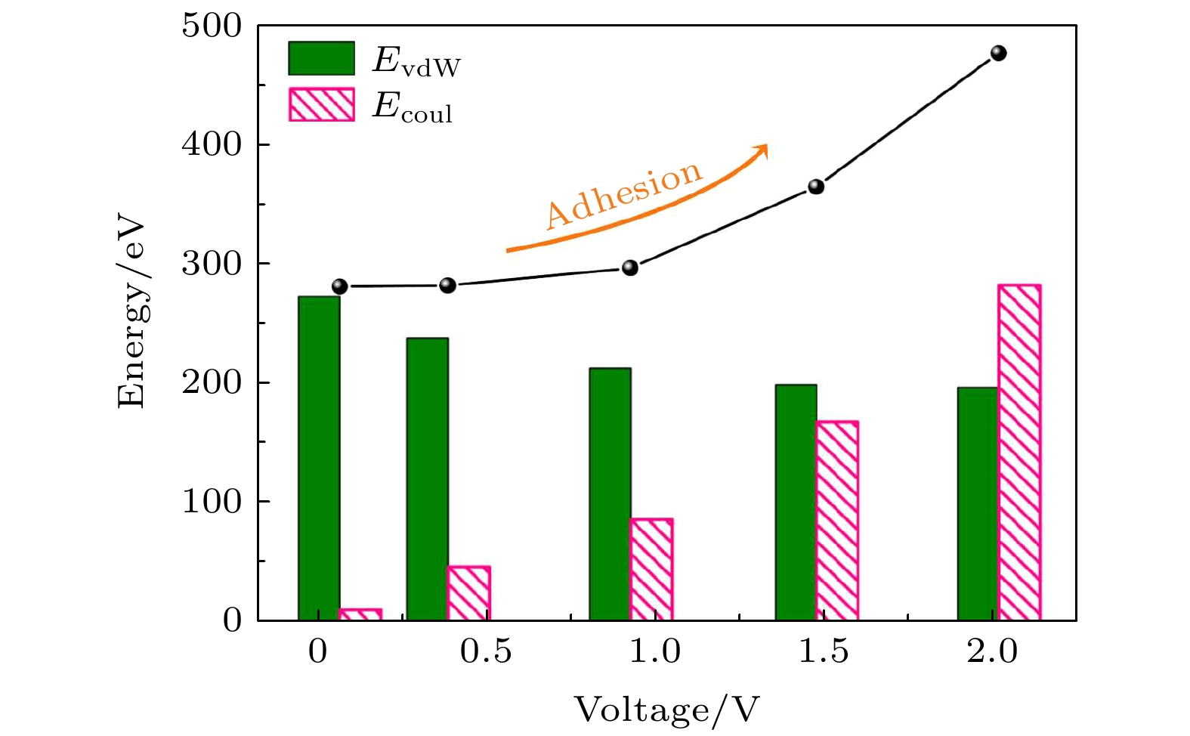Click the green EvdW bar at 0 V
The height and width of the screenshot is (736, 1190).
319,458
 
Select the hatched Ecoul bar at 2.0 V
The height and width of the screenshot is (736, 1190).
1019,453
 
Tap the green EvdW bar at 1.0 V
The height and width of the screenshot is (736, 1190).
610,493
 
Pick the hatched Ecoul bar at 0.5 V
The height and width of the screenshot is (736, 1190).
468,593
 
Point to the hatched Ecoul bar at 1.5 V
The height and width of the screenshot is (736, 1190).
837,521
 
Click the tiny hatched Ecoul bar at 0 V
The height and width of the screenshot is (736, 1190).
360,614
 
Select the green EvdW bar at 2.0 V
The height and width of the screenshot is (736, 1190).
978,503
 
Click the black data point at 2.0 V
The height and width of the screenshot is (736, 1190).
998,53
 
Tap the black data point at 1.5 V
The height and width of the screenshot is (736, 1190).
816,187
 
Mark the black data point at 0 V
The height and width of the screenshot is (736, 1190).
340,286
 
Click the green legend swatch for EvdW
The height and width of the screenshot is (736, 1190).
321,58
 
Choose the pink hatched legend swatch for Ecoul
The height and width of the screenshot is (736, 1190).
321,105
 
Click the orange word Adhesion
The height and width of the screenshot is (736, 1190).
624,194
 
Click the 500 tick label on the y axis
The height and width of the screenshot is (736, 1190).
212,26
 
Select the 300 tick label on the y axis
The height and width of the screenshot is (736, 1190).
212,264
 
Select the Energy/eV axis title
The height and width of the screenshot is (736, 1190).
131,314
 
